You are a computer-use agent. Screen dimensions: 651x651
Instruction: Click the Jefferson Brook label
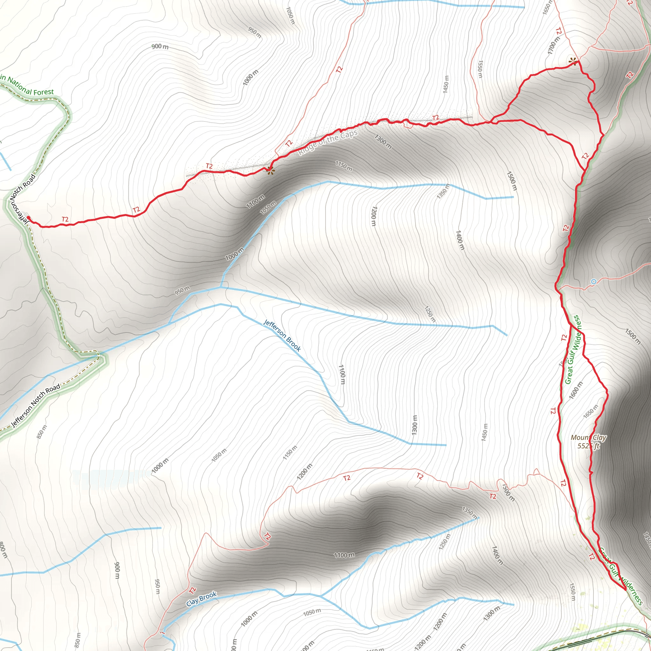pyautogui.click(x=282, y=336)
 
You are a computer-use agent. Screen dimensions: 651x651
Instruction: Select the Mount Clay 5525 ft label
pyautogui.click(x=588, y=442)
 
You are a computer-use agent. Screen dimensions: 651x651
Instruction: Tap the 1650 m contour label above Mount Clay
pyautogui.click(x=591, y=411)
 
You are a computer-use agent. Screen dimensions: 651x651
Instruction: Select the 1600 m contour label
pyautogui.click(x=576, y=390)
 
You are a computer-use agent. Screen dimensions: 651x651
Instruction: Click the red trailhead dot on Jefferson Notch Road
pyautogui.click(x=28, y=218)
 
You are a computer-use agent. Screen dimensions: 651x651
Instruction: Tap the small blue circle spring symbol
pyautogui.click(x=594, y=281)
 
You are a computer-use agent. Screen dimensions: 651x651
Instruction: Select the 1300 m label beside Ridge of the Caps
pyautogui.click(x=383, y=141)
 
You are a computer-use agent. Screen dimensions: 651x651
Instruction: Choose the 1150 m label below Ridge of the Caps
pyautogui.click(x=344, y=166)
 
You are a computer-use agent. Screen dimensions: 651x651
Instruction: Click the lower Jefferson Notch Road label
pyautogui.click(x=36, y=405)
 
